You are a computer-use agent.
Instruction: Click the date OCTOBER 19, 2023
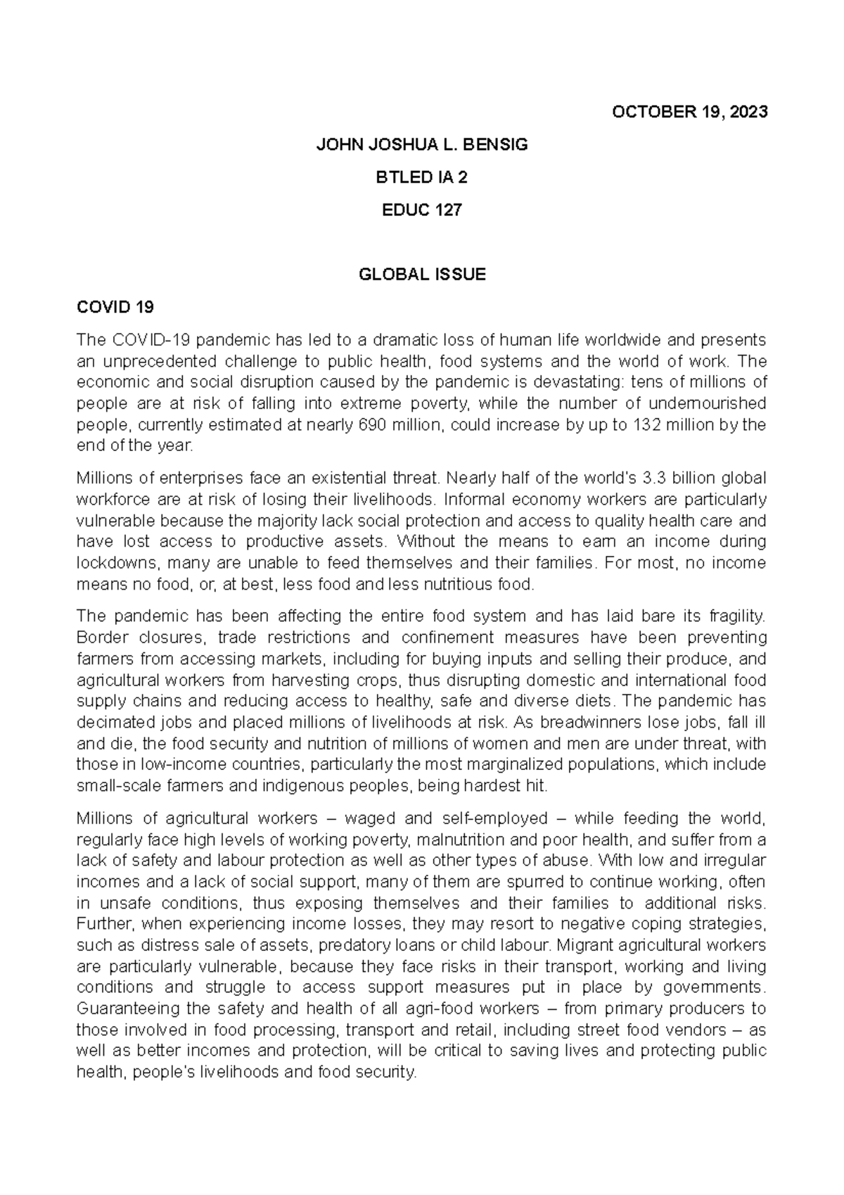tap(689, 112)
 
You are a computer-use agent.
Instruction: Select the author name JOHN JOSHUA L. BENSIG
tap(421, 145)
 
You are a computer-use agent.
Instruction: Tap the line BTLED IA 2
tap(421, 177)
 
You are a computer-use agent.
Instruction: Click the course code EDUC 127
tap(421, 210)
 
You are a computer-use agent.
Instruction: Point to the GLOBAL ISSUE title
tap(421, 274)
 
